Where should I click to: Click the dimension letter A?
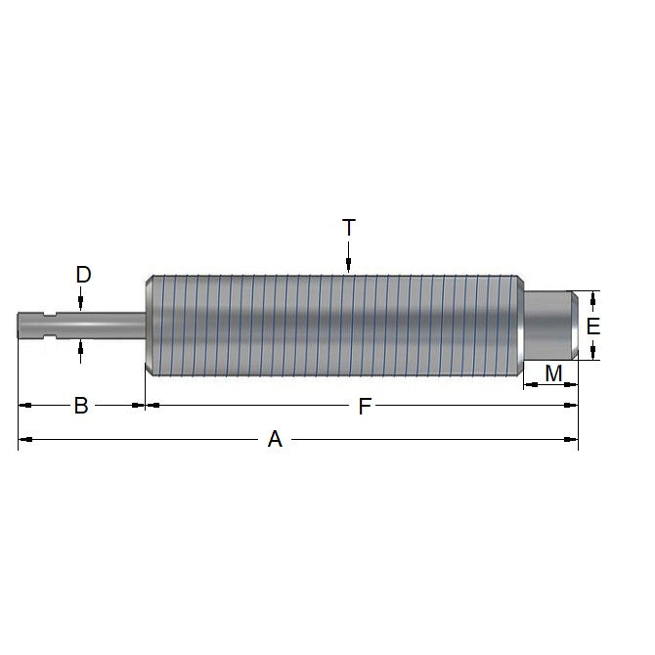(x=275, y=440)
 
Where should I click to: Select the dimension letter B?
(x=81, y=405)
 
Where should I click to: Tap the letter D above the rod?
(x=83, y=275)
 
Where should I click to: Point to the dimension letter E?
(x=591, y=326)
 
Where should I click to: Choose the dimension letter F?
(x=364, y=406)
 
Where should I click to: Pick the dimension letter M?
(x=553, y=372)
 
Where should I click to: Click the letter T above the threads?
(x=349, y=228)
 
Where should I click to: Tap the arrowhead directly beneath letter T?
(x=349, y=265)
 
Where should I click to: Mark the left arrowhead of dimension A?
(x=24, y=440)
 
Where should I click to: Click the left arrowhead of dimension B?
(x=24, y=404)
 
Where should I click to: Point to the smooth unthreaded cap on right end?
(x=553, y=325)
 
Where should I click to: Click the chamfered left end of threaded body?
(x=149, y=325)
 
